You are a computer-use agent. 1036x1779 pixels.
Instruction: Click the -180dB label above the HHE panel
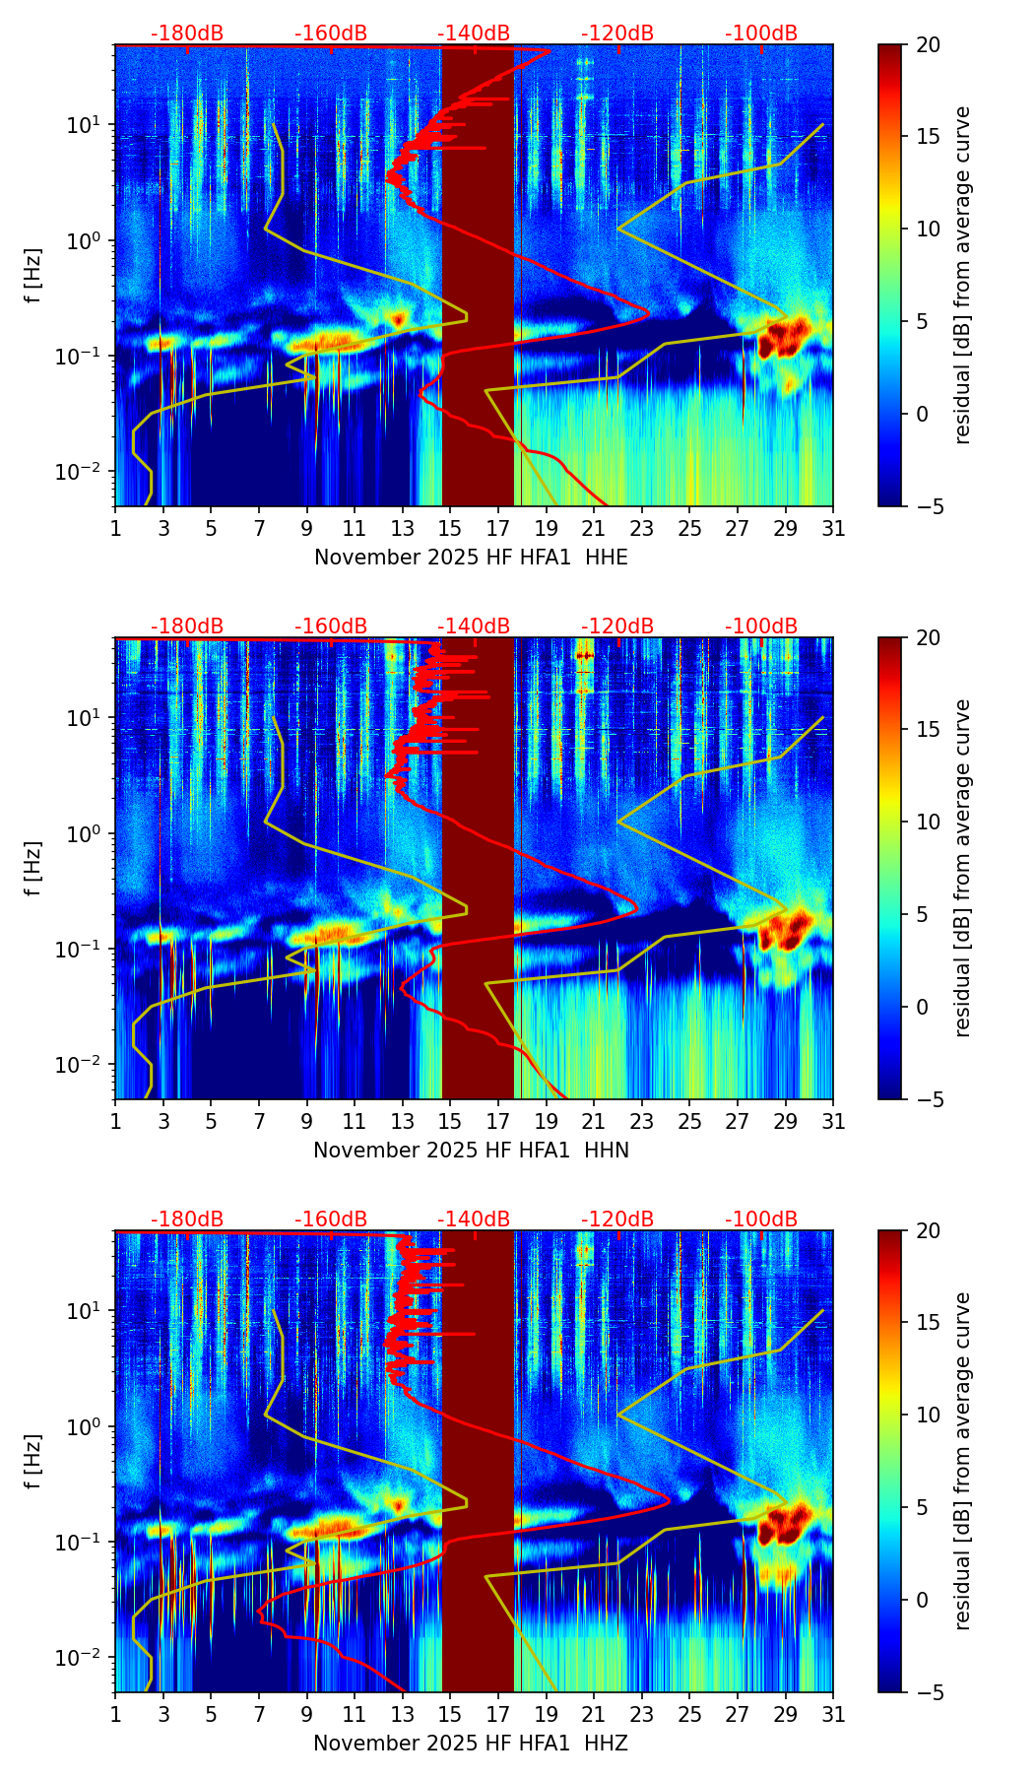187,33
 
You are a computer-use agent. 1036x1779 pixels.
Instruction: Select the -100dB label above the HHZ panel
761,1219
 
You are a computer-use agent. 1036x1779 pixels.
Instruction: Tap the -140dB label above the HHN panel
474,626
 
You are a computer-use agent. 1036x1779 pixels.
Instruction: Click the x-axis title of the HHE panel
471,558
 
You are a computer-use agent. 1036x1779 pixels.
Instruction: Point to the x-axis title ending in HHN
471,1151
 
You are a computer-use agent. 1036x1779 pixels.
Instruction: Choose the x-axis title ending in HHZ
471,1744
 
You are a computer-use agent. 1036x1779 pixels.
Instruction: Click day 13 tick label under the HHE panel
402,529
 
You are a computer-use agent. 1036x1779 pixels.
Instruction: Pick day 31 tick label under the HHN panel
833,1122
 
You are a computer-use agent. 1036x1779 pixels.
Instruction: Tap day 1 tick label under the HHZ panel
115,1715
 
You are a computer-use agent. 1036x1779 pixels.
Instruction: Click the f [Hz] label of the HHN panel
32,868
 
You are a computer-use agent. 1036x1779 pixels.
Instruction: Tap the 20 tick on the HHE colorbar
929,45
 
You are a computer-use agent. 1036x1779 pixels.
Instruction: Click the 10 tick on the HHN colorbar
929,822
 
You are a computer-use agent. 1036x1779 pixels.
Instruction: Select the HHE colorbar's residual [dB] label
962,275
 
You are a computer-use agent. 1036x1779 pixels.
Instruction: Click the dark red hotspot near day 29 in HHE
783,339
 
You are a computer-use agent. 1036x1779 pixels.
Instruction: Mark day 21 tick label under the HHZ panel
593,1715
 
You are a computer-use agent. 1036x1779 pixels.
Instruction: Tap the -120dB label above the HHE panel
617,33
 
